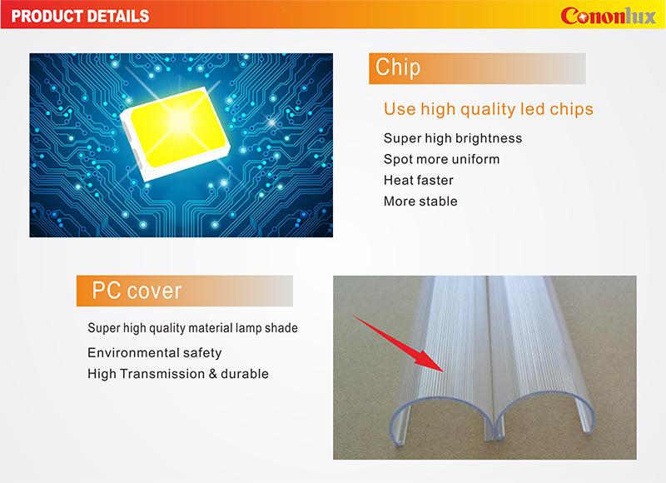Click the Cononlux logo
coord(609,16)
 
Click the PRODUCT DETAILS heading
coord(80,16)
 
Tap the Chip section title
coord(398,67)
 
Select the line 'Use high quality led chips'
coord(488,109)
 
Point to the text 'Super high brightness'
coord(453,138)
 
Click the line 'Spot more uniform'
coord(441,159)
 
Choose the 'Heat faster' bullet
coord(419,180)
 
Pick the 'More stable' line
coord(420,201)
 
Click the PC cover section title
coord(137,291)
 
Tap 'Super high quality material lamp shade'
coord(192,328)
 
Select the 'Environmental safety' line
coord(155,352)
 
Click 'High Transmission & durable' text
coord(178,374)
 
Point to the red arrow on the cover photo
coord(398,343)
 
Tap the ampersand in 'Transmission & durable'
coord(213,374)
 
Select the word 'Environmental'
coord(132,352)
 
